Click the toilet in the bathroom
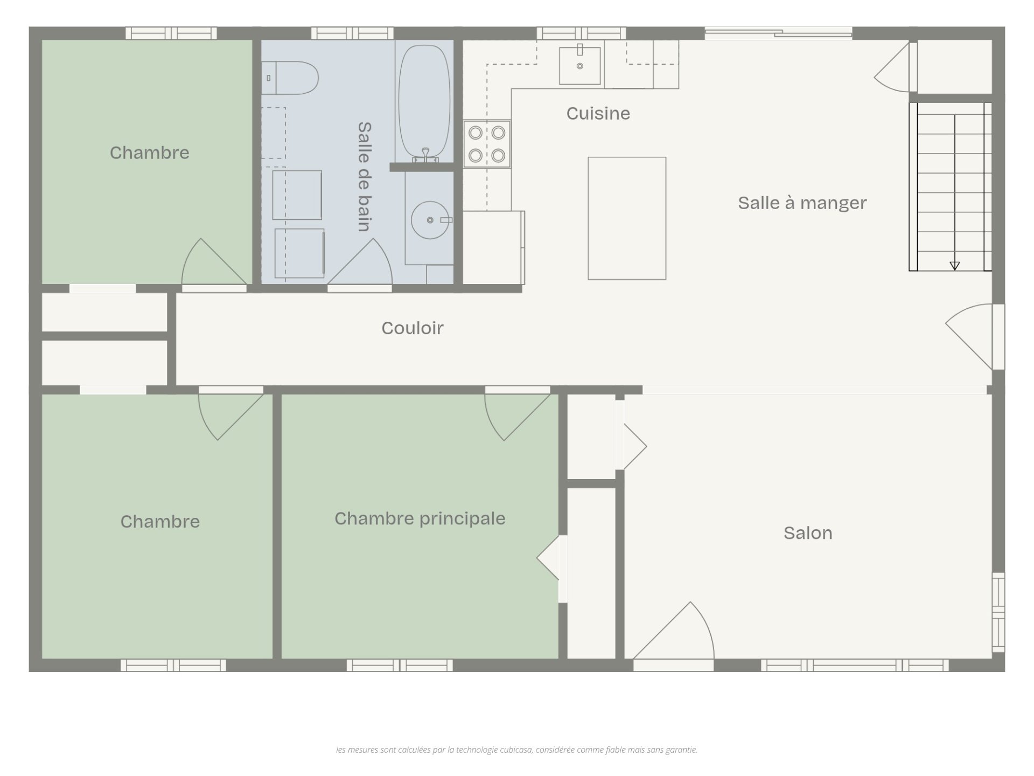tap(290, 78)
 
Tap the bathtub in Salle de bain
tap(424, 103)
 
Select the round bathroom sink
tap(430, 220)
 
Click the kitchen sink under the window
tap(579, 66)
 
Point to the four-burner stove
tap(487, 144)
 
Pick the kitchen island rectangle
tap(627, 218)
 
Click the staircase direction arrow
tap(955, 266)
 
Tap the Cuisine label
tap(598, 114)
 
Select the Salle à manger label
tap(802, 203)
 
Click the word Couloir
tap(413, 328)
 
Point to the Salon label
tap(808, 533)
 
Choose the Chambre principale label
tap(420, 519)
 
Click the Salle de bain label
tap(365, 177)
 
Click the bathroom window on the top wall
tap(352, 33)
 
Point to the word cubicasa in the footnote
tap(516, 750)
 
